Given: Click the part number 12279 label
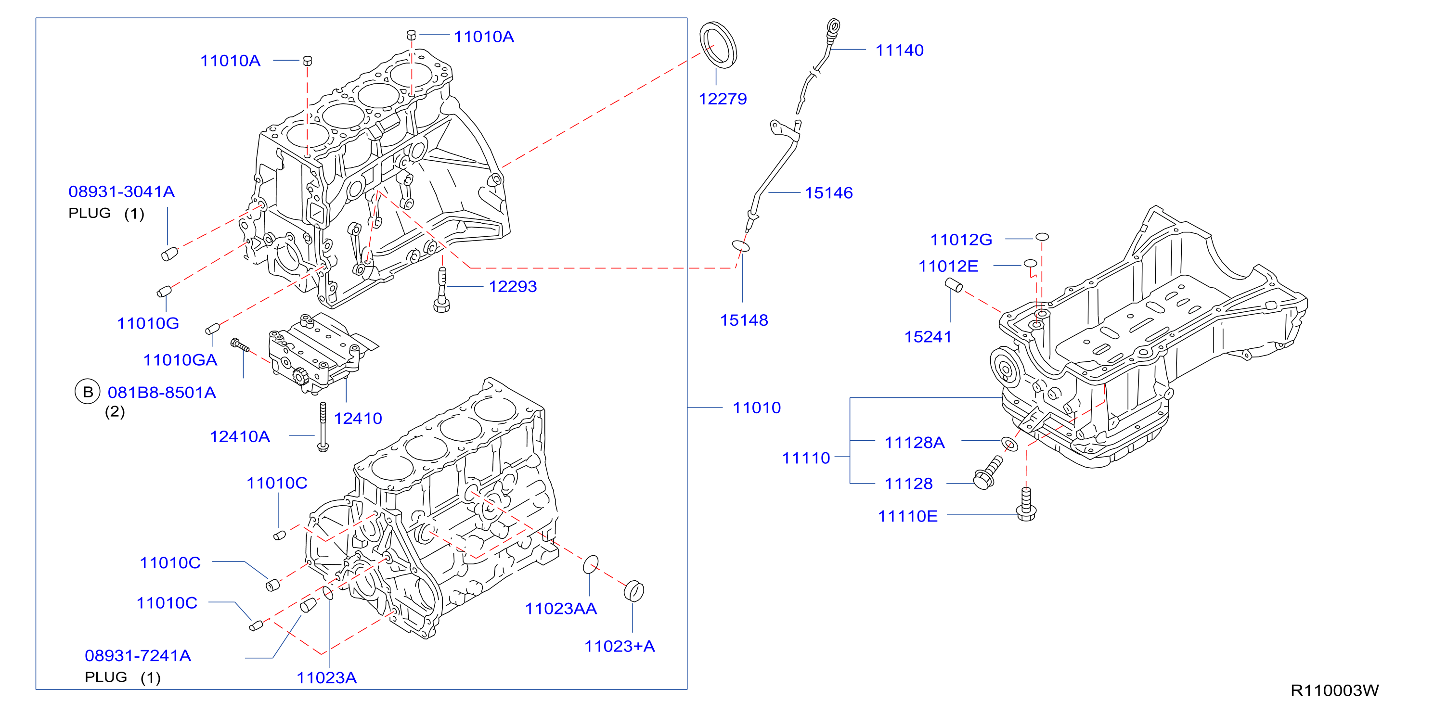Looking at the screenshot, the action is tap(723, 99).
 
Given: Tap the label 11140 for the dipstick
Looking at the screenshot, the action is tap(900, 50).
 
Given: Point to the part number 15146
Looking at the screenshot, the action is tap(828, 192).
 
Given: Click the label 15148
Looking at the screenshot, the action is tap(744, 320).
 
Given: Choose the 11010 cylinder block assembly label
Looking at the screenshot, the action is tap(757, 408).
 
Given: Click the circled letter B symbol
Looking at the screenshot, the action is tap(88, 392).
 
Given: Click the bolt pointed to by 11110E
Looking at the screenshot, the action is tap(1026, 504).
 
